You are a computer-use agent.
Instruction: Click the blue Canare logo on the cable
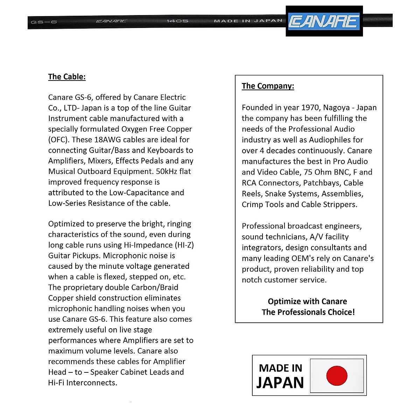pos(324,21)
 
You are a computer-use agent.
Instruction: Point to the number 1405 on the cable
pos(177,21)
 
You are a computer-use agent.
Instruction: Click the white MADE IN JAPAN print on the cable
pos(248,21)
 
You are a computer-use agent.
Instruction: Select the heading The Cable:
pos(67,77)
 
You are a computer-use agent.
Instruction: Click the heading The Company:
pos(268,86)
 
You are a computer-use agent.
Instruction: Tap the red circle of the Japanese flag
pos(337,376)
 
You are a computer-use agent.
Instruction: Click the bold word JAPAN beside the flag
pos(280,383)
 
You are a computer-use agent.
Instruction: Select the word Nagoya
pos(336,107)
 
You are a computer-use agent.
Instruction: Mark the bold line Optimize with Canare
pos(307,302)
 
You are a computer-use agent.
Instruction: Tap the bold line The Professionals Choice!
pos(308,312)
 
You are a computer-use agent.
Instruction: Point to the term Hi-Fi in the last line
pos(56,383)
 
